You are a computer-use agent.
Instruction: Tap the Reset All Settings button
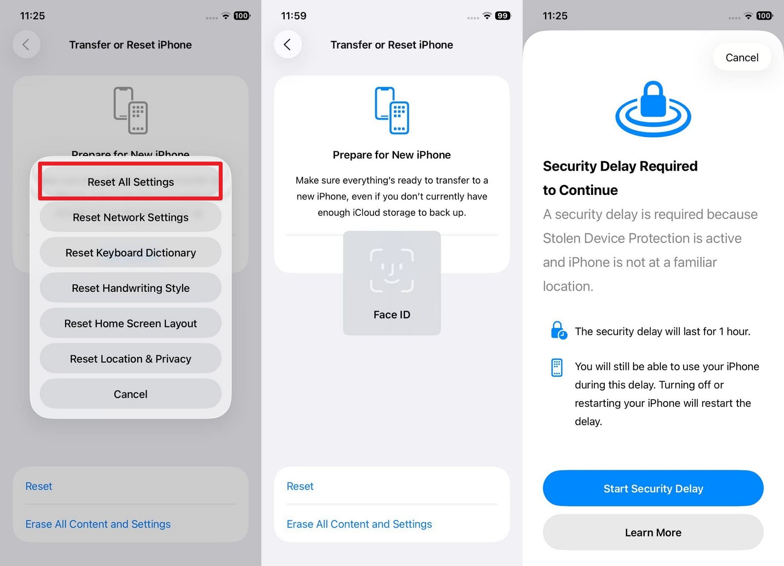click(131, 182)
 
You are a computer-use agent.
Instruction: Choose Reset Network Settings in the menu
click(131, 217)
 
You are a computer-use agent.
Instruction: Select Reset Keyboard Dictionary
click(131, 253)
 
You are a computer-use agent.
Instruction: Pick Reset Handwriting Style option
click(131, 288)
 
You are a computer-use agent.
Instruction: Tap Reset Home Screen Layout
click(131, 323)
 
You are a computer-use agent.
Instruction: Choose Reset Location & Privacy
click(131, 359)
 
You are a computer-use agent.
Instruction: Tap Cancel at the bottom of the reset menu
click(131, 394)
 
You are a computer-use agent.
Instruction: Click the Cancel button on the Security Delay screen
click(742, 58)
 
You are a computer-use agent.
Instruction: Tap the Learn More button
click(653, 532)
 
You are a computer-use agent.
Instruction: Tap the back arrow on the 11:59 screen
click(287, 44)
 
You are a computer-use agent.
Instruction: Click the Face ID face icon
click(392, 270)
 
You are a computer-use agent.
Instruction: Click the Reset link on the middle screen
click(300, 486)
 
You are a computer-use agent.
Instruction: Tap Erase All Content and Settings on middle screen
click(359, 524)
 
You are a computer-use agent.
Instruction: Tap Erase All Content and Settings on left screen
click(98, 524)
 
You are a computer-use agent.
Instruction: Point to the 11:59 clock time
click(294, 16)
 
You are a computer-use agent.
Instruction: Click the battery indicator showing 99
click(503, 16)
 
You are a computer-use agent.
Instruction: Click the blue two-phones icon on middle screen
click(392, 110)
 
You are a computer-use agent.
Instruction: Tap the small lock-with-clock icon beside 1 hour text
click(558, 330)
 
